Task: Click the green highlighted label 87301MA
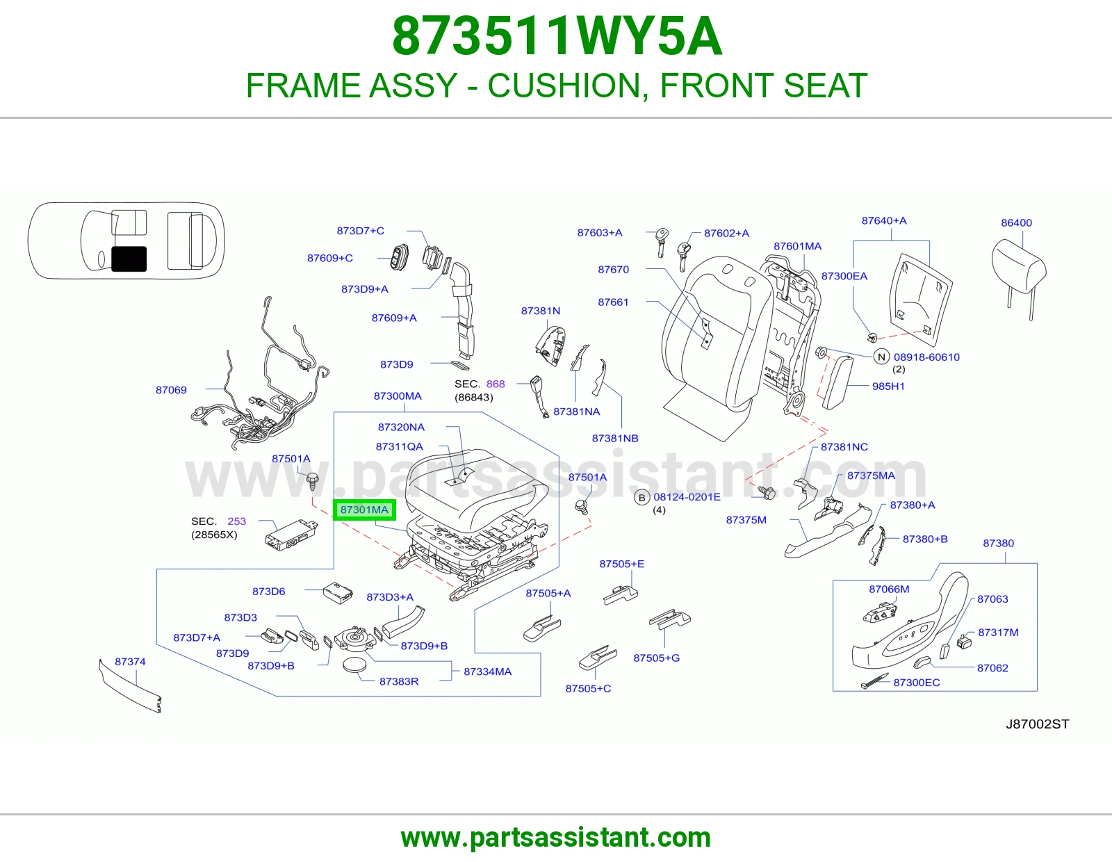[364, 510]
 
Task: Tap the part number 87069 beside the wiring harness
[171, 390]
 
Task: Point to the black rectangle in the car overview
[129, 259]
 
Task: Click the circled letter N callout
[881, 357]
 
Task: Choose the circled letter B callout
[641, 498]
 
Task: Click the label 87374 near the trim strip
[130, 662]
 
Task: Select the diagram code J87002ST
[1037, 724]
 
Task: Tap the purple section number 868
[496, 384]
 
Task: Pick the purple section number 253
[236, 521]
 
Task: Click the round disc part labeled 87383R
[354, 665]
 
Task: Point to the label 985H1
[888, 387]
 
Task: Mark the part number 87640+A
[884, 220]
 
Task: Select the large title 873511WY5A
[557, 36]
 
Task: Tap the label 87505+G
[657, 658]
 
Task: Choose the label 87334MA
[488, 672]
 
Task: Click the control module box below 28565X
[291, 535]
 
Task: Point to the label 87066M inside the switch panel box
[889, 589]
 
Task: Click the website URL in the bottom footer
[556, 838]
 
